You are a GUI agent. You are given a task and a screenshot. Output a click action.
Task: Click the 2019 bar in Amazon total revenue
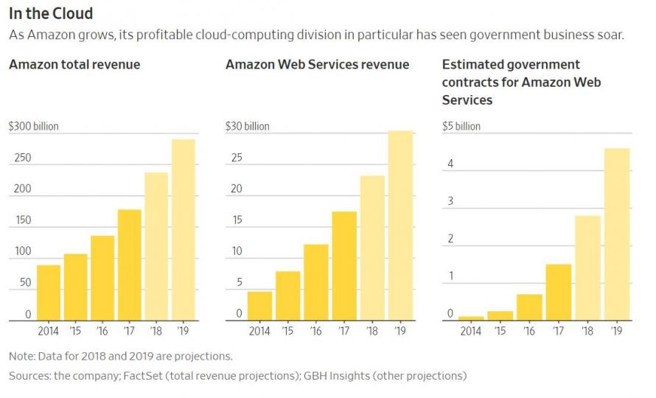pos(183,230)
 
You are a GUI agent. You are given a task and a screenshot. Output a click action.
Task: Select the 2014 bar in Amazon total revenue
pos(49,293)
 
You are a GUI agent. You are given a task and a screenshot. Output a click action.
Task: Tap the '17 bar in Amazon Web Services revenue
pos(344,266)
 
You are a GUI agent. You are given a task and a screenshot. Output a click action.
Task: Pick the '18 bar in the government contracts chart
pos(588,268)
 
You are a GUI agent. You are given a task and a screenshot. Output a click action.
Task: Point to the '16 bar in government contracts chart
pos(529,307)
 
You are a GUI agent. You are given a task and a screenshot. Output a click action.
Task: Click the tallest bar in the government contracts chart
pos(617,234)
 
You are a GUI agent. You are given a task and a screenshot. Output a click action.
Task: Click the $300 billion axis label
pos(34,127)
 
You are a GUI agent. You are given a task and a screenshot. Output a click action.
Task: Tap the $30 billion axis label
pos(248,127)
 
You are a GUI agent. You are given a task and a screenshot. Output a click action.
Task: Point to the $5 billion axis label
pos(461,127)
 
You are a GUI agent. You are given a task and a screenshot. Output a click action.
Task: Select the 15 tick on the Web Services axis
pos(237,221)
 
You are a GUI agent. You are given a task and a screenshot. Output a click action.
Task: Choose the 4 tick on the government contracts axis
pos(450,164)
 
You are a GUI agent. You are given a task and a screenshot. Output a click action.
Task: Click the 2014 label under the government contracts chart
pos(470,332)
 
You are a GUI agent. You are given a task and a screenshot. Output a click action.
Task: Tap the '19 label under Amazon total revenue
pos(183,332)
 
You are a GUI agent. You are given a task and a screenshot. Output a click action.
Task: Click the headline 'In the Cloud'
pos(51,13)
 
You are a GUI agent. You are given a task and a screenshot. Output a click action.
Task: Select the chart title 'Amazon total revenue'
pos(74,65)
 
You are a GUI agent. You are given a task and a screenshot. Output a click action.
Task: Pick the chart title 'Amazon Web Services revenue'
pos(317,65)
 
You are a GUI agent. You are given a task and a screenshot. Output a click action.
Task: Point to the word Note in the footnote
pos(21,356)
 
